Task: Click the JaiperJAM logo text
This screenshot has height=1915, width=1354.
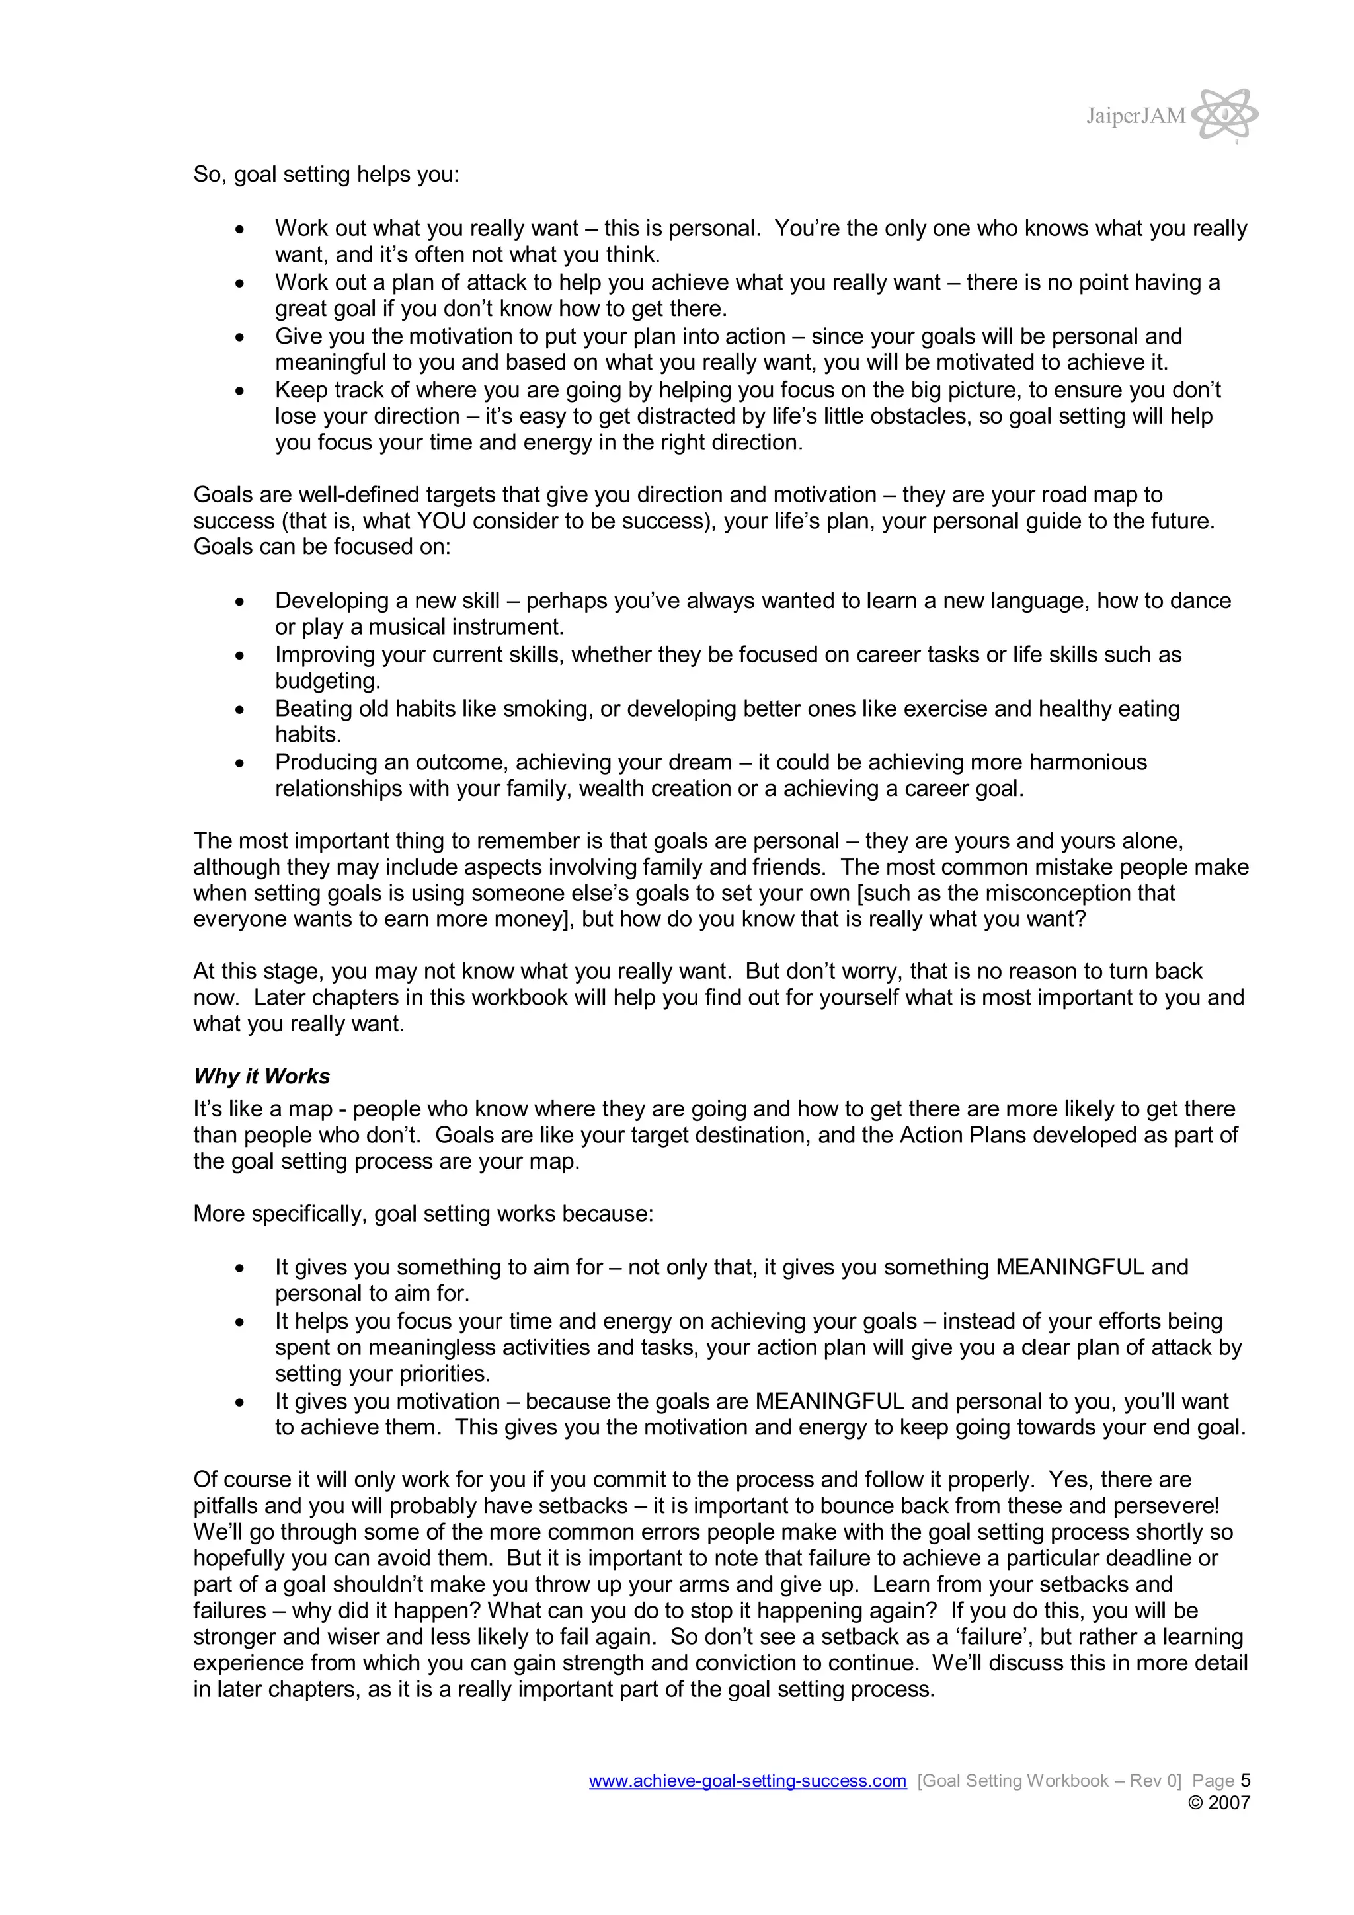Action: coord(1135,116)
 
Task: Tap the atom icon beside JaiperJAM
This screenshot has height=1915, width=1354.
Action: coord(1224,114)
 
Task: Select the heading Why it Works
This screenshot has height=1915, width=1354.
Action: coord(261,1076)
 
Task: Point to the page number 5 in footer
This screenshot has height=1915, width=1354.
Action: coord(1245,1781)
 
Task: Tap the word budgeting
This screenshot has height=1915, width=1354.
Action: coord(327,682)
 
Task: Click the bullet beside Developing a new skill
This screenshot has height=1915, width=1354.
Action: coord(240,602)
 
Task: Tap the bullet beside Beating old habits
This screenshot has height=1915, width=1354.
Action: coord(240,710)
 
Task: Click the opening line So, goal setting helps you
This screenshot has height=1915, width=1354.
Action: coord(326,175)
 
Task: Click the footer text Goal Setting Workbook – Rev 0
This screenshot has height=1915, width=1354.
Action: coord(1049,1781)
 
